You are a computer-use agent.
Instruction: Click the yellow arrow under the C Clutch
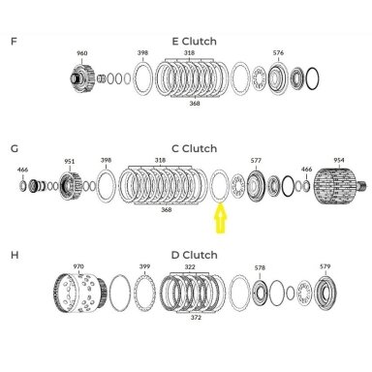click(221, 218)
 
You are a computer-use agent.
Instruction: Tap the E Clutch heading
click(195, 42)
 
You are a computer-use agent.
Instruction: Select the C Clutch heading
click(195, 148)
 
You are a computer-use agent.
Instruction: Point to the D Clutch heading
click(195, 255)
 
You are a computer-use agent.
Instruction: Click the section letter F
click(14, 42)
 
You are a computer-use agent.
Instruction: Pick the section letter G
click(15, 149)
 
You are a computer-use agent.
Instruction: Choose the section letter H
click(15, 255)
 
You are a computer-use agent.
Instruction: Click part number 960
click(82, 53)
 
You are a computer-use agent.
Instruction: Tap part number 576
click(278, 52)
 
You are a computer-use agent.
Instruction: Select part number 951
click(70, 162)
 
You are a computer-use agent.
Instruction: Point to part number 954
click(339, 160)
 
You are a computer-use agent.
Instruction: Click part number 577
click(256, 160)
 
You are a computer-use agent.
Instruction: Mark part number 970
click(78, 266)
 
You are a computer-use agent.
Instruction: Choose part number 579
click(325, 266)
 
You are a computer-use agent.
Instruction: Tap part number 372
click(196, 318)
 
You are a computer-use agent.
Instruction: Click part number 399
click(144, 266)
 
